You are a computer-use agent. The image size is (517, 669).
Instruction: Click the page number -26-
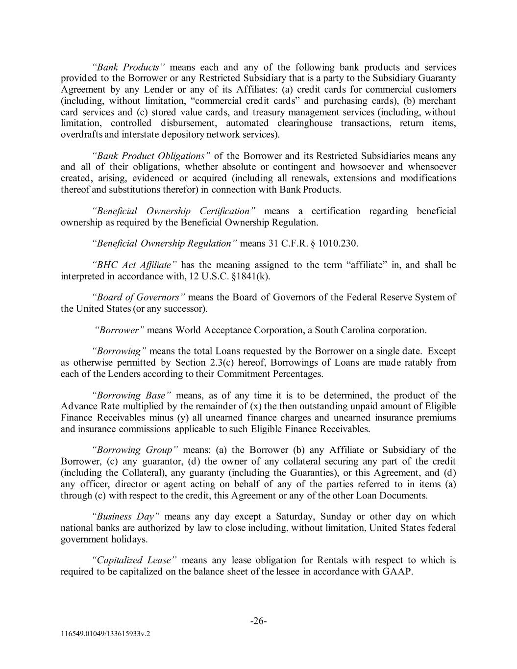tap(258, 621)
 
